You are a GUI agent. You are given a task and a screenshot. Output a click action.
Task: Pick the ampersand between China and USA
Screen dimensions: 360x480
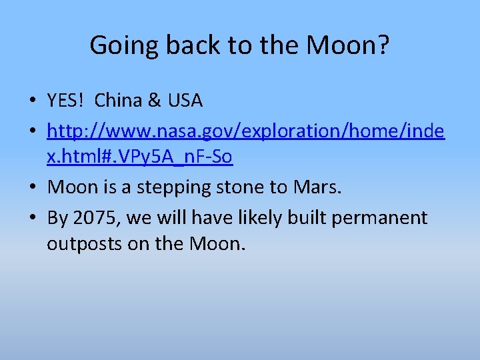[154, 101]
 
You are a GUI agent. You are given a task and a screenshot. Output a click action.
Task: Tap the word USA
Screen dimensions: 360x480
[185, 101]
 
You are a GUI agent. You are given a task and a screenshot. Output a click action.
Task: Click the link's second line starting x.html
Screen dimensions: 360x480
[139, 159]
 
